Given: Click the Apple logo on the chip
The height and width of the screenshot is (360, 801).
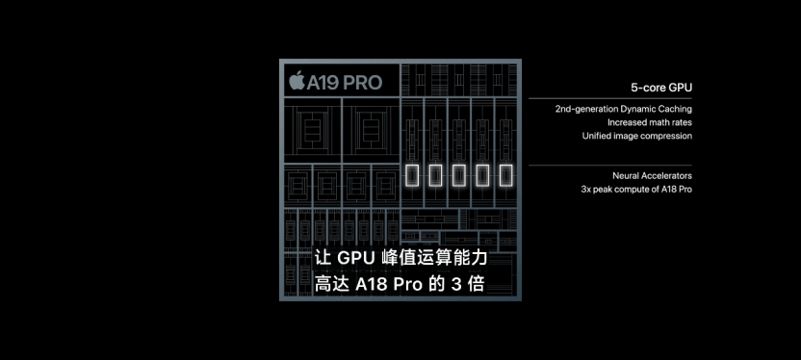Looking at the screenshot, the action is coord(297,80).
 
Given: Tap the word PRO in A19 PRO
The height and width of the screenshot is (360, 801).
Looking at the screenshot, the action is coord(361,81).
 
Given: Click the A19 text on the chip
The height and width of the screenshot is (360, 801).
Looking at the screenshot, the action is coord(323,81).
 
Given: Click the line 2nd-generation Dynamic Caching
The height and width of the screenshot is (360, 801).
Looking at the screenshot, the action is coord(623,109).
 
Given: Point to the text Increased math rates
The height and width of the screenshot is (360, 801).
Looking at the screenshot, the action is coord(649,122).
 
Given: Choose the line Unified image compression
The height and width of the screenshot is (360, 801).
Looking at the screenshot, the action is coord(636,136).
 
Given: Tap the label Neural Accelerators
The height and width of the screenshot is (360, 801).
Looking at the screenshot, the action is coord(652,176).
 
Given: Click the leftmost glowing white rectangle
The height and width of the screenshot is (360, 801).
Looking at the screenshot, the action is coord(415,175).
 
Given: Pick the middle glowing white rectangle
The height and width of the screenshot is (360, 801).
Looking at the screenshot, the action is coord(460,175).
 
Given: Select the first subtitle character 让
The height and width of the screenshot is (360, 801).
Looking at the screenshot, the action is coord(323,259).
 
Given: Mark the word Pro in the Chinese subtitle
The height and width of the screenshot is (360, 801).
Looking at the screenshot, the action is coord(409,285).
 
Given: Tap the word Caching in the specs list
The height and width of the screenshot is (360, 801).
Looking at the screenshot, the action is coord(674,109).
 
